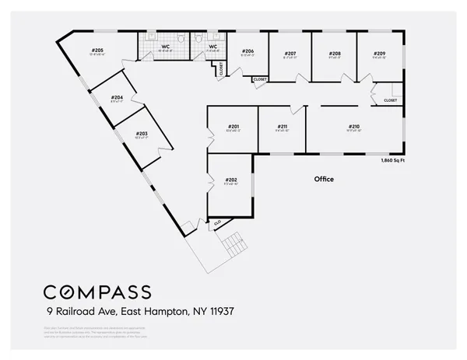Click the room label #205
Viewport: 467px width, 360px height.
(x=97, y=50)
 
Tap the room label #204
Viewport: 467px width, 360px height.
(x=118, y=97)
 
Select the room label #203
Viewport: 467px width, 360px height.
(x=141, y=133)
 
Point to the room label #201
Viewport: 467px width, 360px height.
(x=233, y=126)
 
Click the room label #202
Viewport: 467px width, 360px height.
(x=231, y=180)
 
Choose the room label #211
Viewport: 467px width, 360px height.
(x=283, y=126)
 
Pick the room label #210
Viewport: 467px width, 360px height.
(x=354, y=126)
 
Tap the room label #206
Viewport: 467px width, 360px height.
(x=248, y=51)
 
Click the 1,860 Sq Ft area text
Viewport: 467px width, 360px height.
(x=392, y=160)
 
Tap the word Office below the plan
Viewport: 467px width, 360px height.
(x=324, y=179)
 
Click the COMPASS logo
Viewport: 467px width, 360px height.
(x=97, y=292)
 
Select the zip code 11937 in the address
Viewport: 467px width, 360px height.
(x=219, y=311)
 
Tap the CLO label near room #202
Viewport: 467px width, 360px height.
(x=217, y=223)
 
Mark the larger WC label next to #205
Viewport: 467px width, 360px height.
(x=166, y=47)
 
